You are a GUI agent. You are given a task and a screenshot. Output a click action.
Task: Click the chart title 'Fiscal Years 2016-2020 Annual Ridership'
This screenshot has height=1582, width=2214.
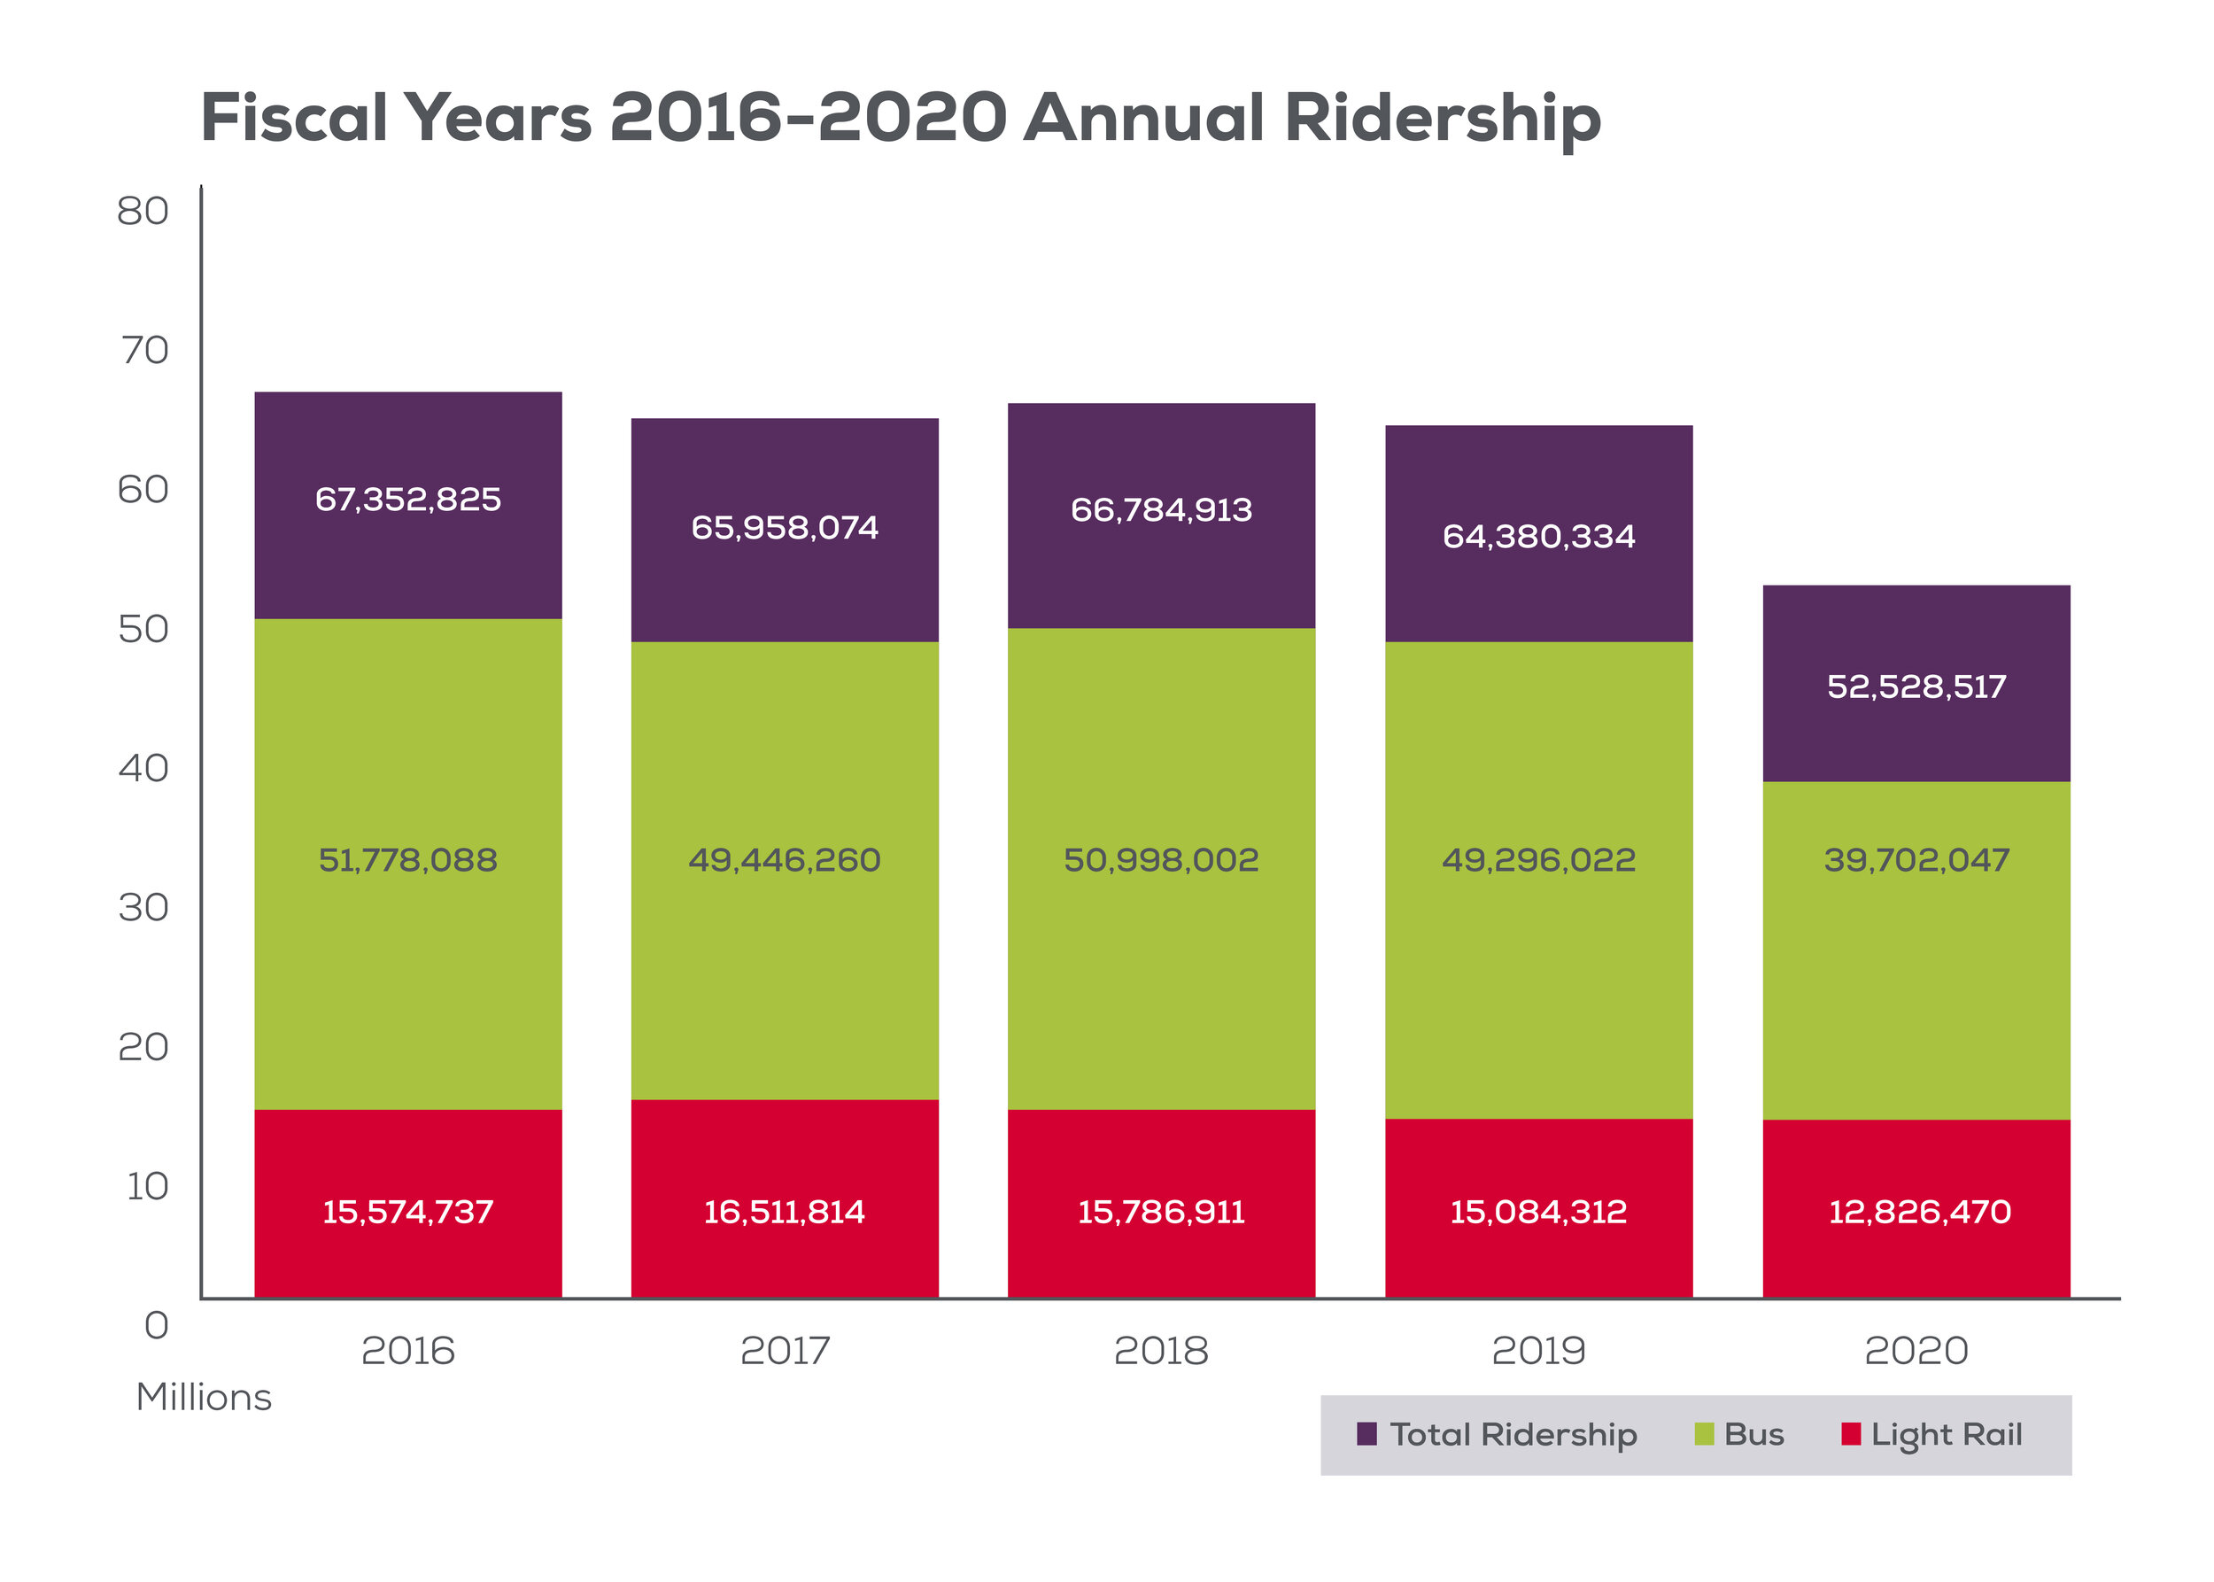[900, 119]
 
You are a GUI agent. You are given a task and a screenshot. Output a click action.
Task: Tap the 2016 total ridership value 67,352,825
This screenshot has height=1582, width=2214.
[408, 500]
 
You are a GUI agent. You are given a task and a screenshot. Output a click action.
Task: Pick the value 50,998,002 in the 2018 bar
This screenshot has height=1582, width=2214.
[1161, 860]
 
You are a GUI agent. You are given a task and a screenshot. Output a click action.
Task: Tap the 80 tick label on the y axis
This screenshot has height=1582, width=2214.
[143, 212]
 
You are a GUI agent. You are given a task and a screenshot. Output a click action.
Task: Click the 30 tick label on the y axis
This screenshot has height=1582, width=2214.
[143, 908]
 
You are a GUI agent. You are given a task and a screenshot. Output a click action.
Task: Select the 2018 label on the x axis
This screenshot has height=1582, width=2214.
[1161, 1351]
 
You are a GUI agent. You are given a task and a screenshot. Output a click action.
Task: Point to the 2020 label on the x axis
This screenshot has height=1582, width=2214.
[1916, 1351]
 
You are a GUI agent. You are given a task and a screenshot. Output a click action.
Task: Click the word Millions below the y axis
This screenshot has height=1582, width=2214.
[204, 1397]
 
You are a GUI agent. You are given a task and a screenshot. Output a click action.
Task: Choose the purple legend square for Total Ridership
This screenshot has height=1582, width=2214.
[1366, 1434]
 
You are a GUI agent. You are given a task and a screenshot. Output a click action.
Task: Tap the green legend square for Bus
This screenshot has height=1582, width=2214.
[1704, 1434]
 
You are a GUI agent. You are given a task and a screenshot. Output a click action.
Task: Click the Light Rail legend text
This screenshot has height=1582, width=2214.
[1947, 1435]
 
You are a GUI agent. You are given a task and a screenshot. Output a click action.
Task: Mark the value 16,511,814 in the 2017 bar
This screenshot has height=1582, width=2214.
[784, 1212]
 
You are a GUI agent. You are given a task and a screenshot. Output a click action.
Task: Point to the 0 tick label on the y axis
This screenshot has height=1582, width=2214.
[156, 1326]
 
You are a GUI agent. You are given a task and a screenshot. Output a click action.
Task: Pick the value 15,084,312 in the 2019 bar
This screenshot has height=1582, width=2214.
[1538, 1212]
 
